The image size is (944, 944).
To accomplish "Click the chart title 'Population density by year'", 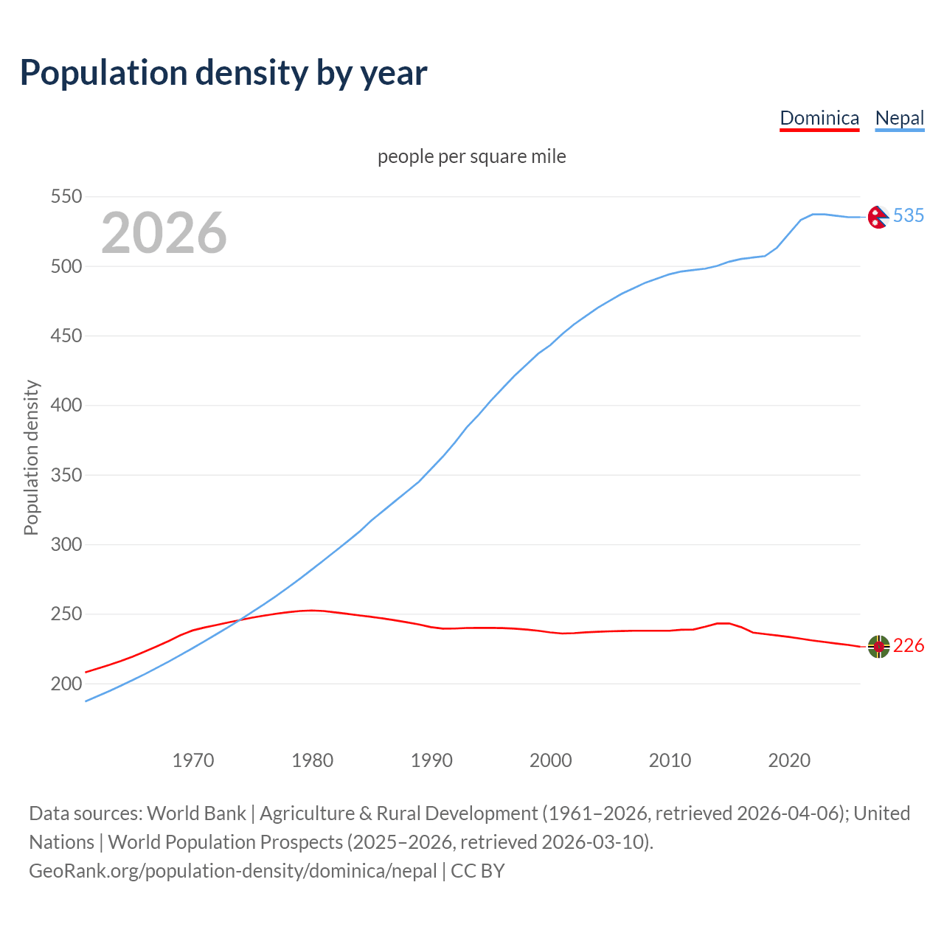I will point(223,72).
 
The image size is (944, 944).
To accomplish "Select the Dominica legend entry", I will point(819,118).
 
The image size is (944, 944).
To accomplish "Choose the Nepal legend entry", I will point(899,118).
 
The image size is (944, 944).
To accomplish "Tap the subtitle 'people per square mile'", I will point(471,156).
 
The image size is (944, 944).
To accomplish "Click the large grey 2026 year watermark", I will point(164,233).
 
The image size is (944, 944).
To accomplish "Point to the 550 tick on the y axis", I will point(66,197).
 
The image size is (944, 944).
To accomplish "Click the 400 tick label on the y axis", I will point(66,406).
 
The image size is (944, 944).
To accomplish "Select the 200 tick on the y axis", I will point(66,684).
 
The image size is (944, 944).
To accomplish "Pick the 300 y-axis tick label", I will point(66,544).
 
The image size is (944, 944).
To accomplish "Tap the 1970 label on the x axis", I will point(193,760).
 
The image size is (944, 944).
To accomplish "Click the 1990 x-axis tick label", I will point(431,760).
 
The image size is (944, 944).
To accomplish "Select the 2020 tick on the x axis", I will point(789,760).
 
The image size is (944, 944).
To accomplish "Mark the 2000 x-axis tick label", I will point(551,760).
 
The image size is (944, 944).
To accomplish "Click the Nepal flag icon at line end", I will point(878,216).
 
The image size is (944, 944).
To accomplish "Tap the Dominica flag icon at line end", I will point(878,646).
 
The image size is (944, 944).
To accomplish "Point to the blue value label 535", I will point(908,215).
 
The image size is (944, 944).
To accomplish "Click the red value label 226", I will point(908,646).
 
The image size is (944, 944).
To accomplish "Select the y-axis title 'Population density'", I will point(31,457).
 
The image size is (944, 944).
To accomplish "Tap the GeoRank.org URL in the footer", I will point(233,871).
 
